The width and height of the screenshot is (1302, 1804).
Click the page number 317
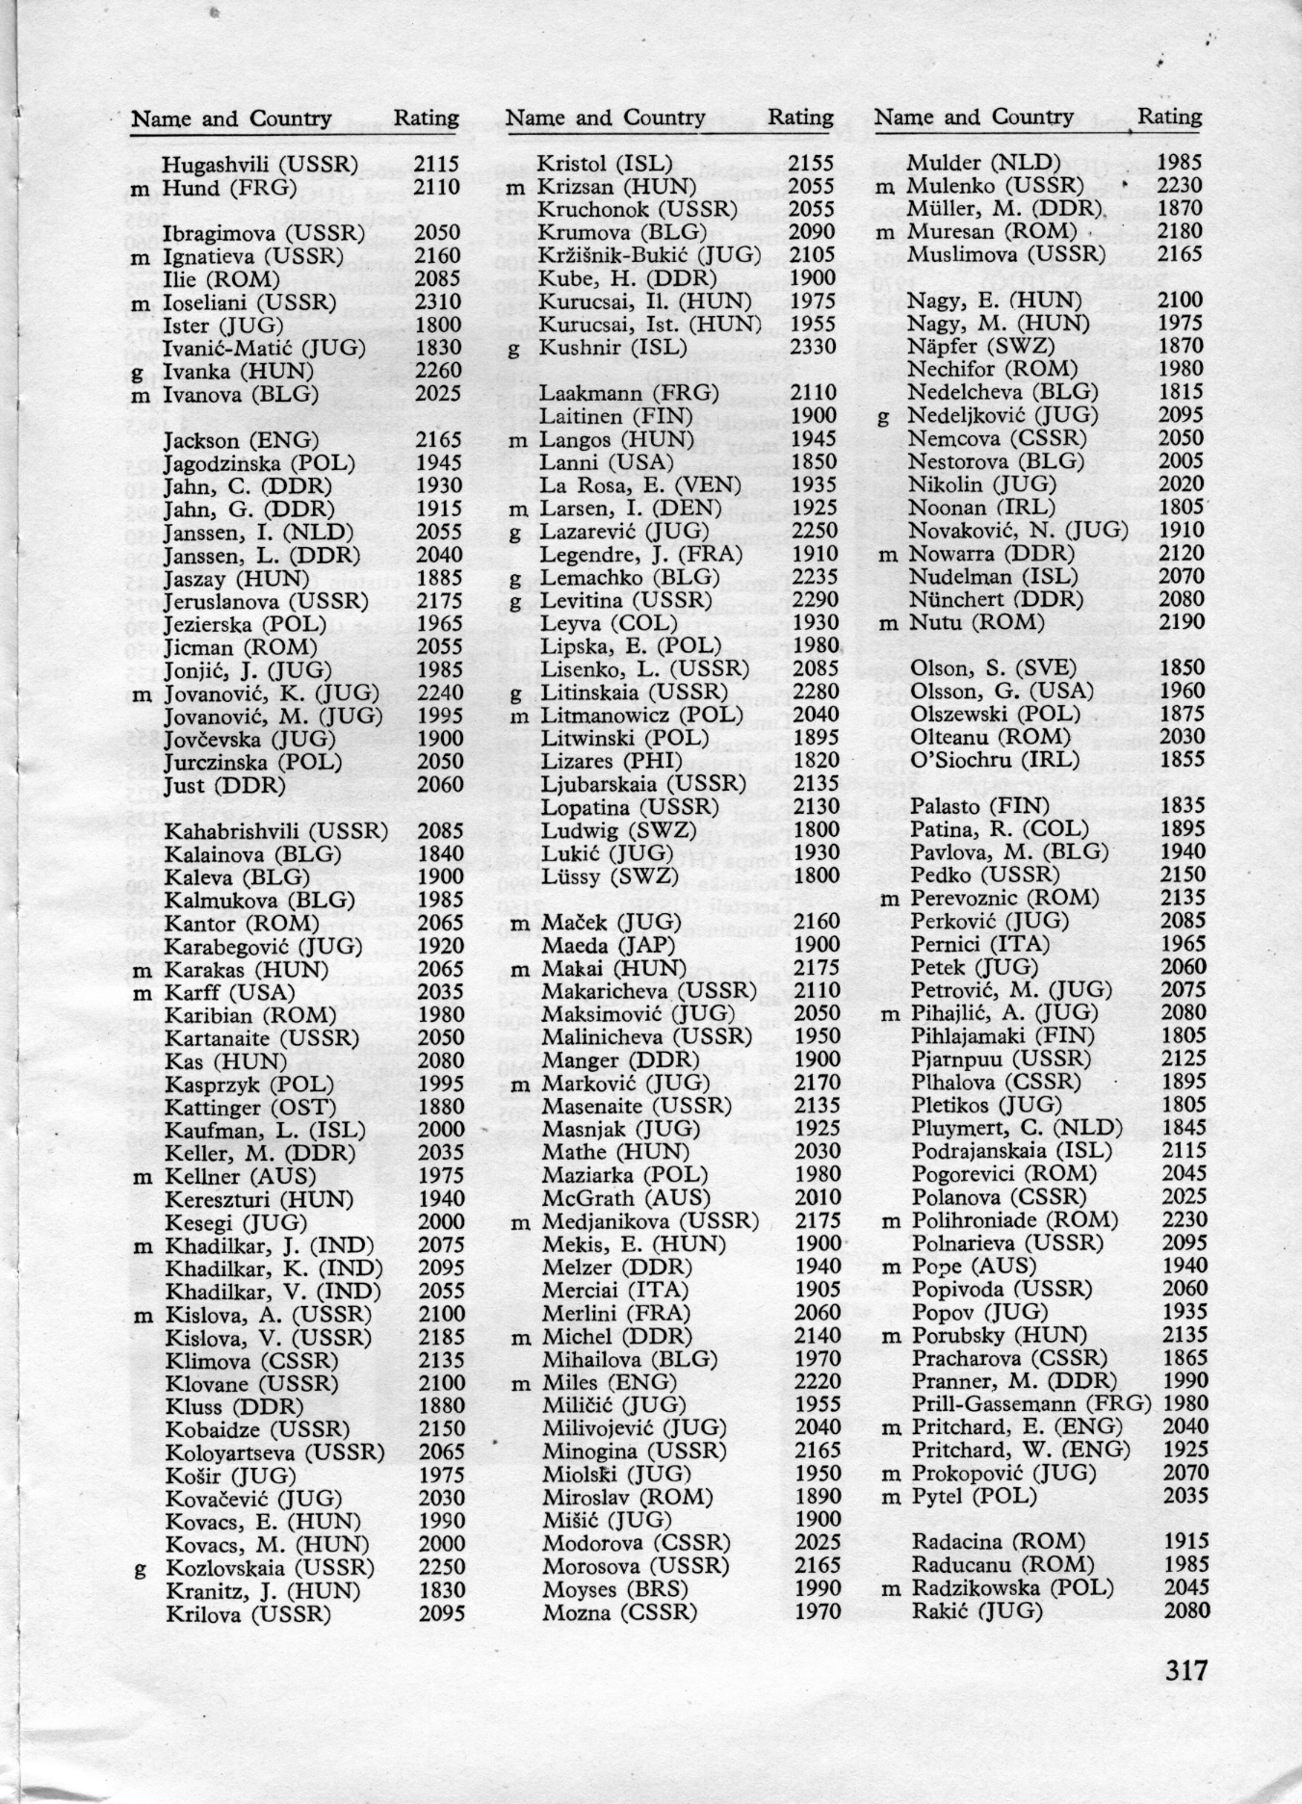coord(1185,1669)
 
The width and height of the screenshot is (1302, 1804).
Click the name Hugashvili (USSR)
coord(259,165)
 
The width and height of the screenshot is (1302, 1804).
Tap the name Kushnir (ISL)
coord(612,347)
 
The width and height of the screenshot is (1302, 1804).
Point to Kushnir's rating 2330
coord(812,347)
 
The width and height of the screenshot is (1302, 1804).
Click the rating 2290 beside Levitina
coord(813,600)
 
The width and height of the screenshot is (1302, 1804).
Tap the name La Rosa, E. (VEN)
coord(629,485)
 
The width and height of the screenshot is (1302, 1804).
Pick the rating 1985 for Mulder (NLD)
coord(1180,163)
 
